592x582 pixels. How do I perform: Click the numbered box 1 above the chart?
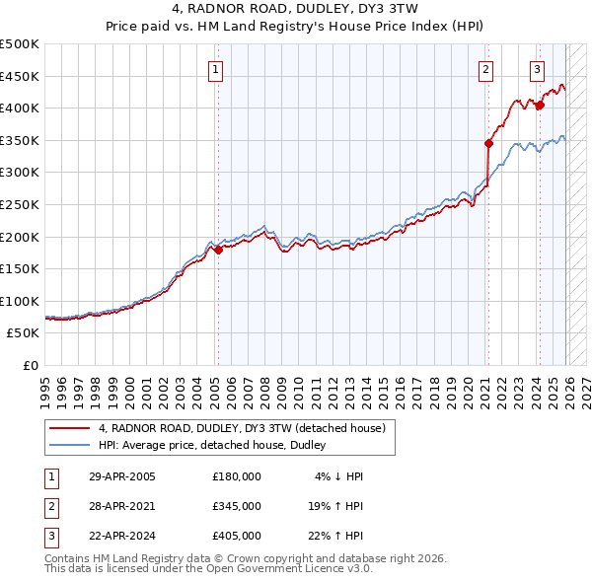[x=215, y=69]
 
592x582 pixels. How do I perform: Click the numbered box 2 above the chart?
[x=486, y=69]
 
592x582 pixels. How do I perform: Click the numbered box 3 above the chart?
[x=537, y=69]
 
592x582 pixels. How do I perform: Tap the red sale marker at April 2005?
[x=218, y=250]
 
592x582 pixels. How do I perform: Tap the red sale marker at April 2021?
[x=488, y=143]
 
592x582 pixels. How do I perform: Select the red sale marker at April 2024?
[x=540, y=105]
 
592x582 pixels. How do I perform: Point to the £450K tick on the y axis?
[x=20, y=76]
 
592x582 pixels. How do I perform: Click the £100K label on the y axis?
[x=20, y=301]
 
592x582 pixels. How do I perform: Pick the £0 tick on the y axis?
[x=31, y=365]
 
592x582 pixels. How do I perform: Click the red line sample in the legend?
[x=70, y=429]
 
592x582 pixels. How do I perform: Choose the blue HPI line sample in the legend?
[x=70, y=445]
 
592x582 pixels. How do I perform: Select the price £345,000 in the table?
[x=236, y=506]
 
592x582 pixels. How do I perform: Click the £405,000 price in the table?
[x=236, y=536]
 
